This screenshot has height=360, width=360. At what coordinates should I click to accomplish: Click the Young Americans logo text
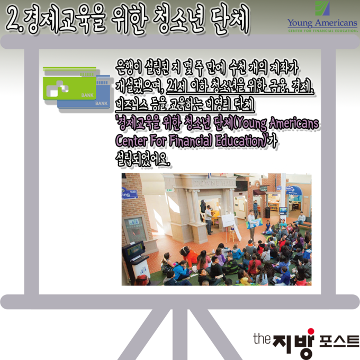pos(322,23)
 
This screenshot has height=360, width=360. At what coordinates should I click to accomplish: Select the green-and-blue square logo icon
pos(322,8)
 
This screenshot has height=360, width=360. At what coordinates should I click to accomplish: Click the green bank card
pos(69,88)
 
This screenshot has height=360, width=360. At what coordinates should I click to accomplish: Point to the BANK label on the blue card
pos(101,104)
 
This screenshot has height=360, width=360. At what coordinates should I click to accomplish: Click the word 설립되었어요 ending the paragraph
pos(143,159)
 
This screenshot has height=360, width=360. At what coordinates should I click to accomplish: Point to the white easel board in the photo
pos(228,221)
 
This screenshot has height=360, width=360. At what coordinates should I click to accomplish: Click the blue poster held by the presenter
pos(255,223)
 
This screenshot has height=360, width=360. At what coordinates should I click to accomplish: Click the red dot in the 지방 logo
pos(311,331)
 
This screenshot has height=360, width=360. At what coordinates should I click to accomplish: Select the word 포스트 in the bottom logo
pos(339,341)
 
